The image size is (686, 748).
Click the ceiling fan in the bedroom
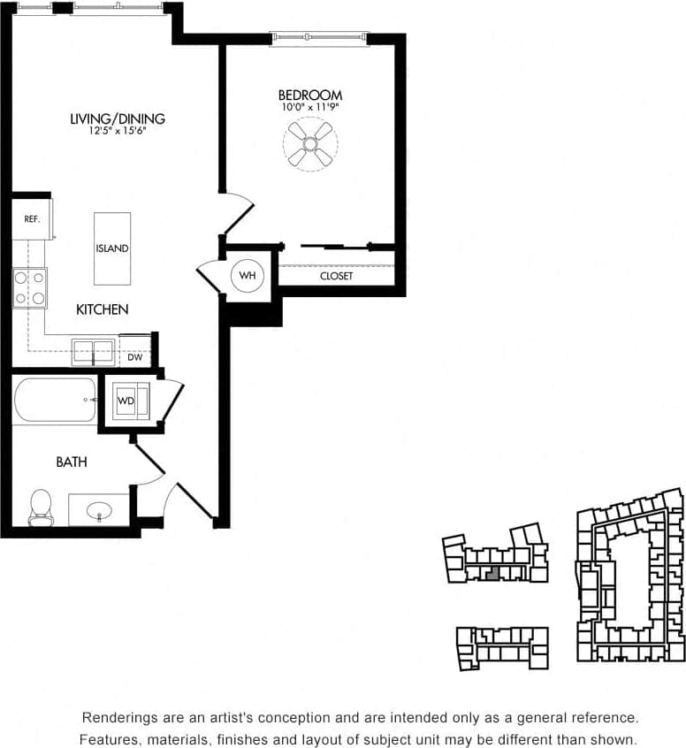310,144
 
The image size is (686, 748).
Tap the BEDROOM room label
310,95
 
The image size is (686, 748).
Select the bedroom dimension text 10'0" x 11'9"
310,107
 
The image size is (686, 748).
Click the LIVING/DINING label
118,118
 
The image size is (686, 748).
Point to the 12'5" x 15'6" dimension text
118,131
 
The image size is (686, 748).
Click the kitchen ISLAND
112,248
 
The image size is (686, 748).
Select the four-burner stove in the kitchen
30,288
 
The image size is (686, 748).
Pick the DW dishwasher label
134,357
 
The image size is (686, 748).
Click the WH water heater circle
248,276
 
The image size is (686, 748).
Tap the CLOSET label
336,276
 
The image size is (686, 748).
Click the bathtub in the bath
55,401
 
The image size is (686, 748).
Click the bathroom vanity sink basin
99,510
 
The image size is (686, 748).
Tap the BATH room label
72,462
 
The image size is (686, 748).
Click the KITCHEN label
102,309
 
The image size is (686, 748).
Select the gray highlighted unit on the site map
492,572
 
